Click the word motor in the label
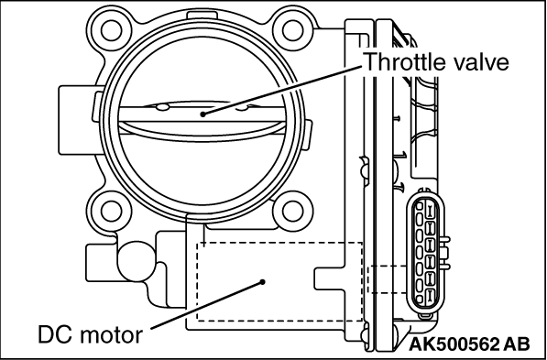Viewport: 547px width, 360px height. tap(111, 335)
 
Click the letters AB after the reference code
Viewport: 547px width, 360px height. tap(517, 344)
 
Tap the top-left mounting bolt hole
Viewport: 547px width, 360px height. tap(111, 31)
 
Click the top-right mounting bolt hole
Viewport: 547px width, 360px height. tap(292, 31)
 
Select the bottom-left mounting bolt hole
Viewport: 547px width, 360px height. tap(111, 212)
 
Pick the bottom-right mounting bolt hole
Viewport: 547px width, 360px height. tap(292, 212)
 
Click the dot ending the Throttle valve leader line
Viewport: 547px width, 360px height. tap(202, 115)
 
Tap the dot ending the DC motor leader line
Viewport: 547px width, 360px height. tap(263, 281)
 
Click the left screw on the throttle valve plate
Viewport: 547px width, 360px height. tap(162, 107)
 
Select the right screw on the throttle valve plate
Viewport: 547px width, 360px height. tap(243, 108)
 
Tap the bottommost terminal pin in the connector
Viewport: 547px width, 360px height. tap(430, 295)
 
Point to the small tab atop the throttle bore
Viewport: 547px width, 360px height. tap(202, 15)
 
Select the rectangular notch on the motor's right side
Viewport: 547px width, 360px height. tap(329, 278)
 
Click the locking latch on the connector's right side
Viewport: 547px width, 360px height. tap(444, 254)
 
